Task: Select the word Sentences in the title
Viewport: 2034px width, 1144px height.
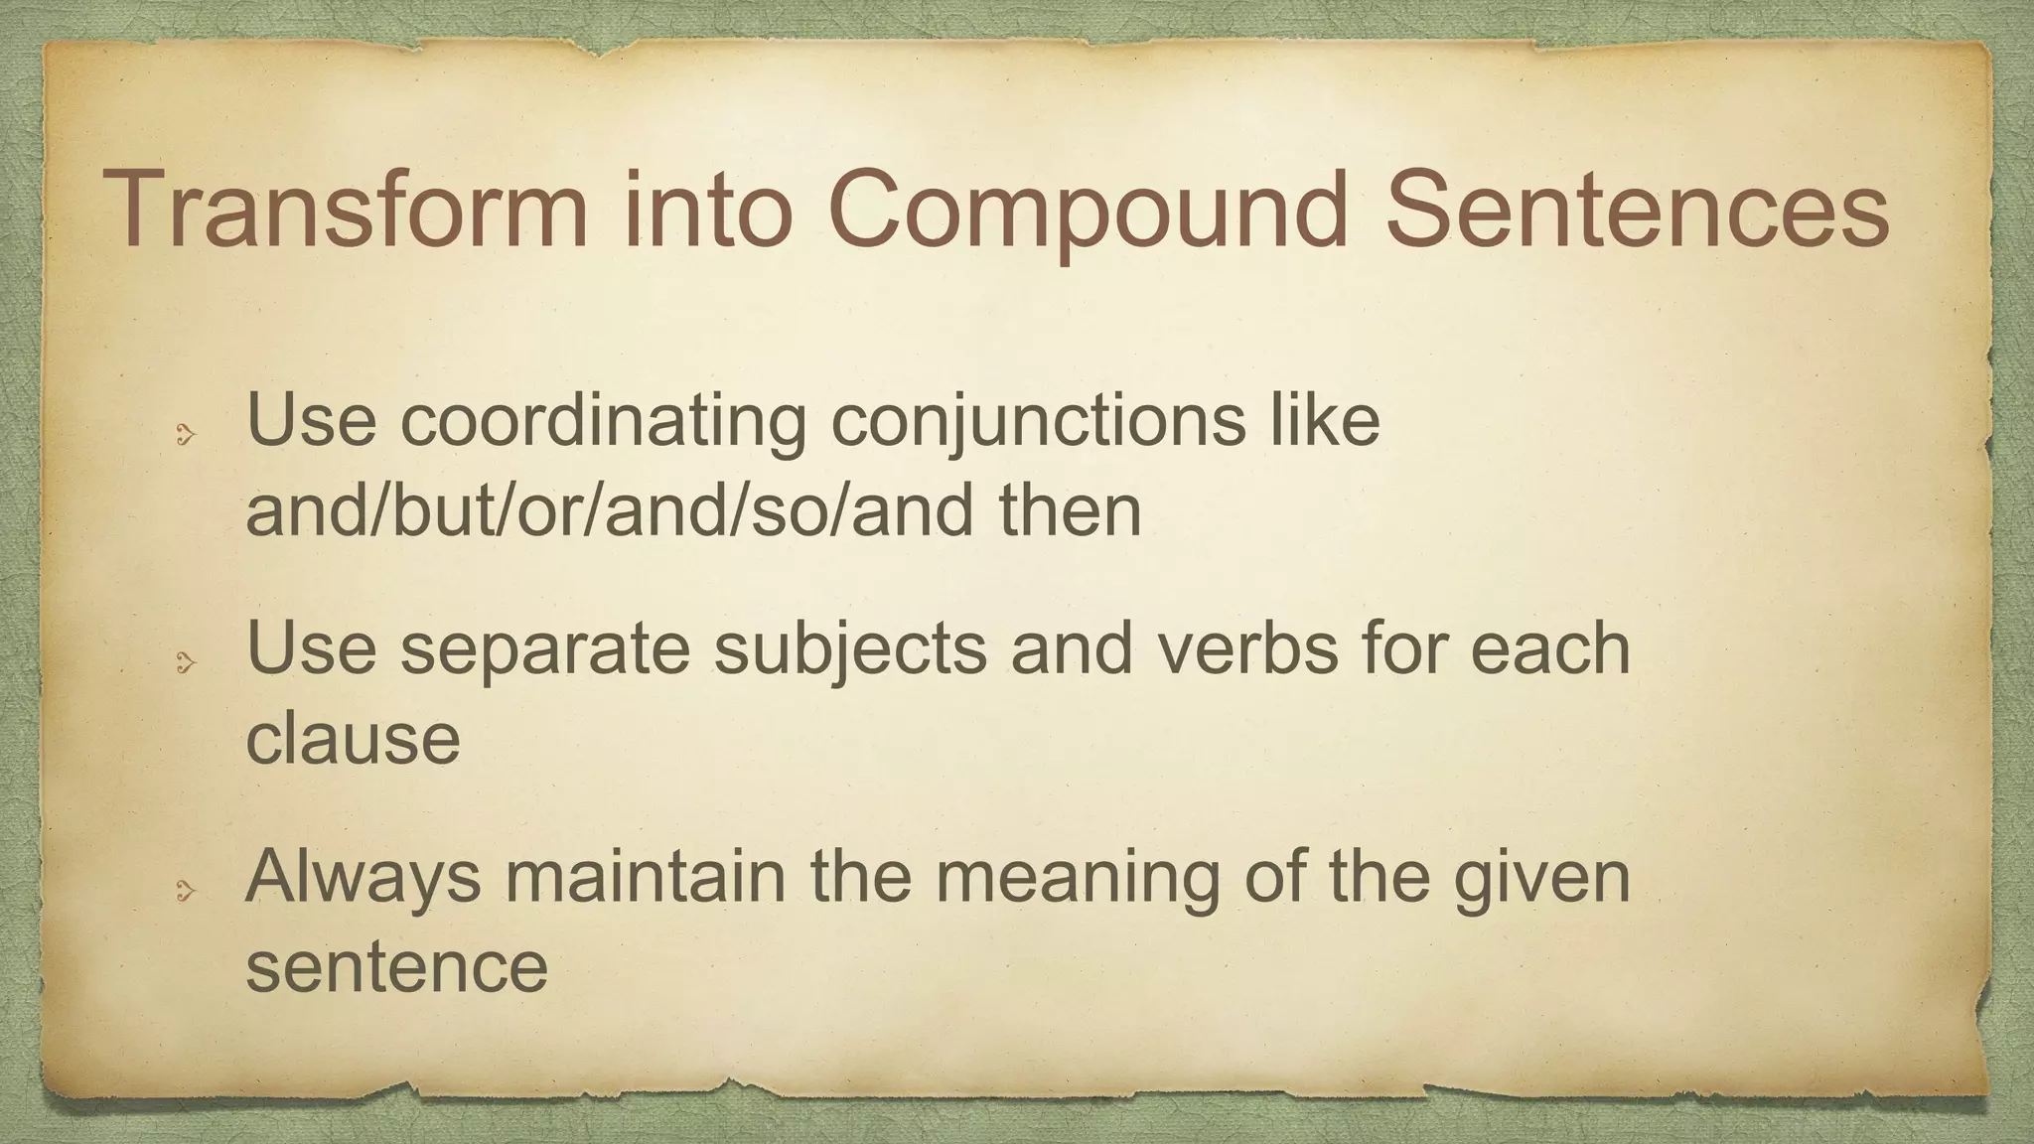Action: [1637, 211]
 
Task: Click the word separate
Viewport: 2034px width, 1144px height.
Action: [544, 648]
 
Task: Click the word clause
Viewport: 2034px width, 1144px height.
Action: [353, 739]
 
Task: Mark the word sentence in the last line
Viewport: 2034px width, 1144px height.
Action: [396, 967]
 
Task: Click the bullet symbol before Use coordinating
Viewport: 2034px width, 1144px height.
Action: [185, 434]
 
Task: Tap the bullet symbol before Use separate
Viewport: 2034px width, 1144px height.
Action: [185, 662]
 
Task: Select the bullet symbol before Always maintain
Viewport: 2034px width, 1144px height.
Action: [185, 892]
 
